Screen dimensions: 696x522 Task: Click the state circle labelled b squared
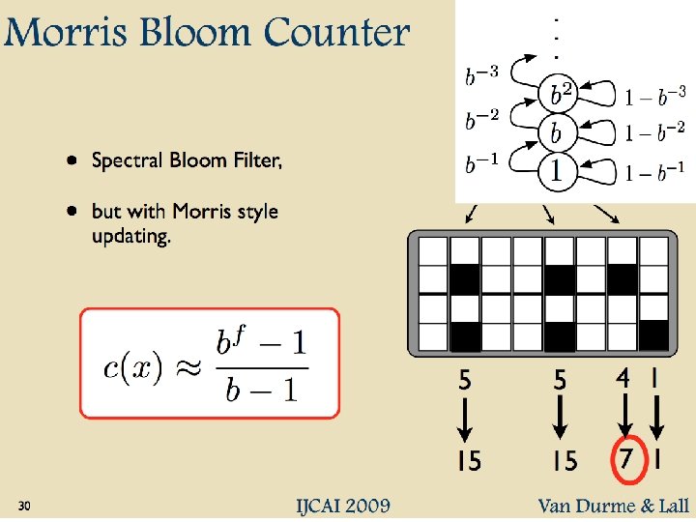(x=559, y=95)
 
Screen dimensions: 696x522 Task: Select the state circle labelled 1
(x=557, y=172)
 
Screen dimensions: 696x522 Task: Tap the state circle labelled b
(x=557, y=132)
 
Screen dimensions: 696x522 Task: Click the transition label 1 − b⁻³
(x=655, y=96)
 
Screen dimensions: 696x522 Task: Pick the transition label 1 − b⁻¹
(x=655, y=166)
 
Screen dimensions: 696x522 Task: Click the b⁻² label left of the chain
(x=483, y=121)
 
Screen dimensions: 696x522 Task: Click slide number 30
(x=25, y=507)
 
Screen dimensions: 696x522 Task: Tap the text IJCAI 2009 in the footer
(x=343, y=506)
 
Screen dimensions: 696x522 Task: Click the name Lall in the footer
(x=669, y=506)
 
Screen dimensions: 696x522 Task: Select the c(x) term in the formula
(x=133, y=369)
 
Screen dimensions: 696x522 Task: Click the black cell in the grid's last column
(x=653, y=334)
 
